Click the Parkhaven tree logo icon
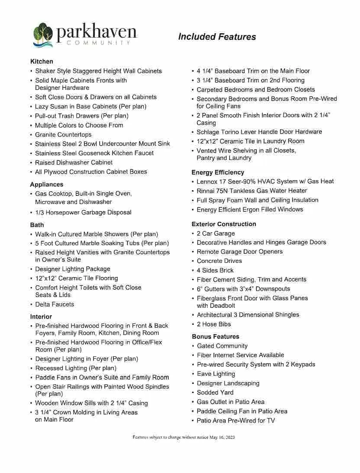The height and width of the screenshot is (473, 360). click(43, 34)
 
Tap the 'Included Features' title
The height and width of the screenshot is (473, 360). click(217, 37)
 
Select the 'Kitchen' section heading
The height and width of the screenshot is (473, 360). click(42, 61)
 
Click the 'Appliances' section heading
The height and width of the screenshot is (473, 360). click(47, 184)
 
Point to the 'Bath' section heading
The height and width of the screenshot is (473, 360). click(37, 225)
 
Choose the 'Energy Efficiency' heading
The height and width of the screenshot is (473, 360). click(218, 172)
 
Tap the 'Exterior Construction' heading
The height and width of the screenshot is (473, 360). click(224, 224)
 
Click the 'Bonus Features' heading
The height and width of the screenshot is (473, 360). click(215, 336)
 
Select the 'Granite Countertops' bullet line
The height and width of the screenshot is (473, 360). click(63, 134)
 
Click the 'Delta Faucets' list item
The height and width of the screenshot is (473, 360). click(55, 304)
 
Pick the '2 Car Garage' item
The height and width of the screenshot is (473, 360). click(215, 233)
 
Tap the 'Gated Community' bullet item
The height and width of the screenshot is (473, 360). click(222, 346)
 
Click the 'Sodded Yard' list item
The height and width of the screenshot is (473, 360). click(215, 393)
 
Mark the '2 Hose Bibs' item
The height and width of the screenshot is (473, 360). click(214, 324)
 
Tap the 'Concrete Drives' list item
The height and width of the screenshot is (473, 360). click(219, 261)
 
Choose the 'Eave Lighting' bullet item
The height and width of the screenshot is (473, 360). click(216, 374)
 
